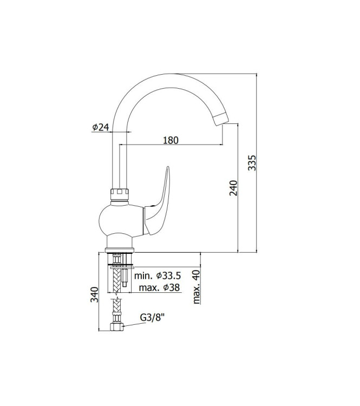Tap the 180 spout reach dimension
(x=171, y=140)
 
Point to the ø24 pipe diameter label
(x=101, y=127)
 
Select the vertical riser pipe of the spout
(x=119, y=157)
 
